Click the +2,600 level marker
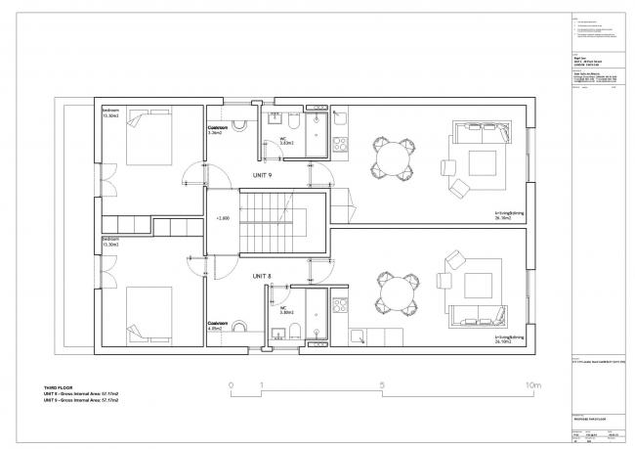point(222,219)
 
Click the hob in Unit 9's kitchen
point(340,145)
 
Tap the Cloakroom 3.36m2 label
point(217,130)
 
